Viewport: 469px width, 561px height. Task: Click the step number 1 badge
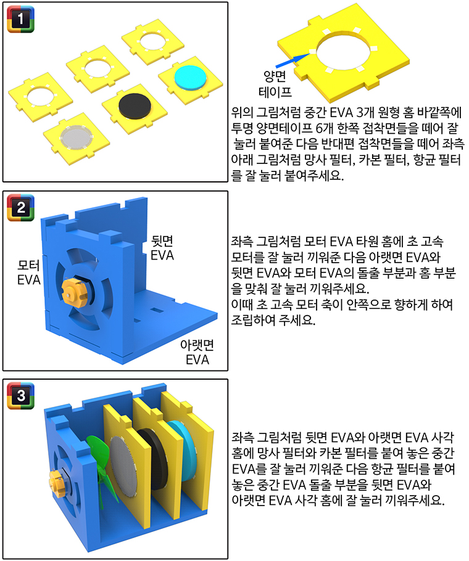[x=21, y=19]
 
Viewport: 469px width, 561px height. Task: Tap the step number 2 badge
[x=21, y=208]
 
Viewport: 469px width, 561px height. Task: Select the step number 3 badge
[x=21, y=396]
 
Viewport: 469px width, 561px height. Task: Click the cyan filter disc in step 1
[x=191, y=80]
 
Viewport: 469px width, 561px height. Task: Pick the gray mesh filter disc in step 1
[x=77, y=137]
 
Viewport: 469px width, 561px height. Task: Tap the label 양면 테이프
[x=275, y=84]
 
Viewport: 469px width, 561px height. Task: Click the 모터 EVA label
[x=28, y=272]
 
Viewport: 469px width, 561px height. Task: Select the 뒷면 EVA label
[x=162, y=248]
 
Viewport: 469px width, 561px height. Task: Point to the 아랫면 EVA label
[x=197, y=353]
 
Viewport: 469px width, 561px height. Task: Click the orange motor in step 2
[x=75, y=290]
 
